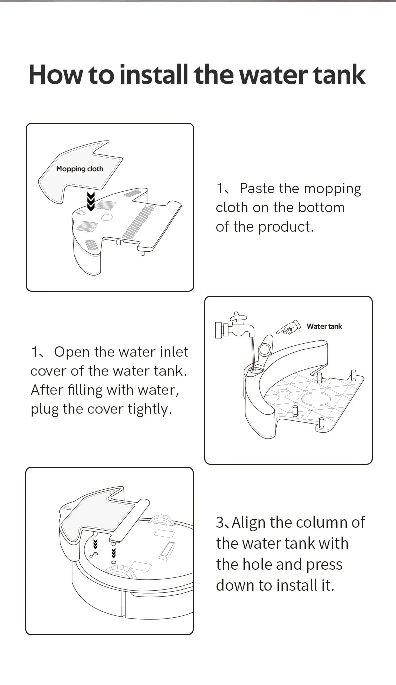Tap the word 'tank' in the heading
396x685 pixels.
339,74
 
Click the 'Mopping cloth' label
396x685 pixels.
80,169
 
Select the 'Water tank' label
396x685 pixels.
324,326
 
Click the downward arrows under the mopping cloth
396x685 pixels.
91,200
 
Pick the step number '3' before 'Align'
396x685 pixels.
220,523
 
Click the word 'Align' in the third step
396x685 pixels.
249,523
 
